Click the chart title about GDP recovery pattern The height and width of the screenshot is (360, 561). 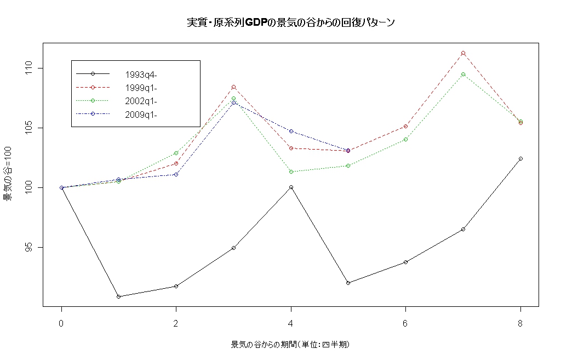(291, 22)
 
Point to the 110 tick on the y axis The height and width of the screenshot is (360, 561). (28, 68)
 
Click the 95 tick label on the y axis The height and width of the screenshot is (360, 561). (28, 247)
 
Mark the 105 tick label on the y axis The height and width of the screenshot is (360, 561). (28, 128)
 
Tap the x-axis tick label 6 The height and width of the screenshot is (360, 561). (405, 323)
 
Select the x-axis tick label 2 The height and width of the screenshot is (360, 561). (176, 323)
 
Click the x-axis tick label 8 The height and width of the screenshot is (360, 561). (520, 323)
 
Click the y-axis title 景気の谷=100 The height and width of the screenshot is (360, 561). (8, 174)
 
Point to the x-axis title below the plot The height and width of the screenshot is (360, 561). (290, 345)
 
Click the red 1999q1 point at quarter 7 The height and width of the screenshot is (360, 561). (463, 53)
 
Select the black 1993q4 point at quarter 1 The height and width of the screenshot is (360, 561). (119, 296)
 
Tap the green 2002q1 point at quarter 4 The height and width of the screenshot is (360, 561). (291, 172)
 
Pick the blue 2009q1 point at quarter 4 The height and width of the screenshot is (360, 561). (291, 132)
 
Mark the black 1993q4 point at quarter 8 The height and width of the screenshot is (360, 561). (520, 158)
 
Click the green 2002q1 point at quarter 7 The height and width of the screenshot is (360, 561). (463, 75)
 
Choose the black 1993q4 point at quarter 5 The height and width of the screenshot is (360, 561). (348, 283)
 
